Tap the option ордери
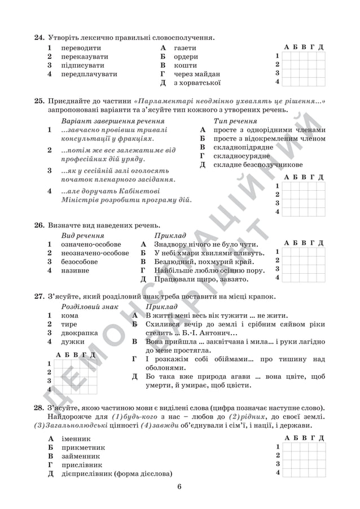click(x=186, y=57)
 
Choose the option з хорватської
click(x=196, y=83)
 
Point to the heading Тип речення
click(x=235, y=121)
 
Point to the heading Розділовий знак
click(x=90, y=306)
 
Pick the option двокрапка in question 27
click(x=80, y=333)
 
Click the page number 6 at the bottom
click(x=179, y=487)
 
